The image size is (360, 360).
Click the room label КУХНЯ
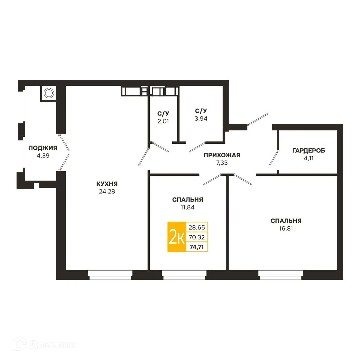point(107,184)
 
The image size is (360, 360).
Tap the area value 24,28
point(107,191)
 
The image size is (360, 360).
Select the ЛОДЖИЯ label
point(43,148)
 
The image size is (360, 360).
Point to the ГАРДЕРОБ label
point(308,151)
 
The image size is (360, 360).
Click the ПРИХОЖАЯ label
point(222,155)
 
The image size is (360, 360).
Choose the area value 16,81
point(286,229)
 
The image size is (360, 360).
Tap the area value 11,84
point(187,207)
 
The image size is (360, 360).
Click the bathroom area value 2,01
point(163,121)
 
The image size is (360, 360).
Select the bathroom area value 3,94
point(201,118)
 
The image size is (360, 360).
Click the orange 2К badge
point(176,237)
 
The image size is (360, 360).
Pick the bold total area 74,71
point(197,247)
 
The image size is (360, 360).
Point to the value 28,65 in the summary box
point(197,227)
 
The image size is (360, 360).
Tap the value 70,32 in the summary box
point(197,237)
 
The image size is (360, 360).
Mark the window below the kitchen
point(110,275)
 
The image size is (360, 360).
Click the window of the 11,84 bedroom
point(184,275)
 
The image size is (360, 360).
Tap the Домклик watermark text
point(52,345)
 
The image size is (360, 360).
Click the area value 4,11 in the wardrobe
point(308,158)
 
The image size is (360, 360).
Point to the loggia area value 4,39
point(43,156)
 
